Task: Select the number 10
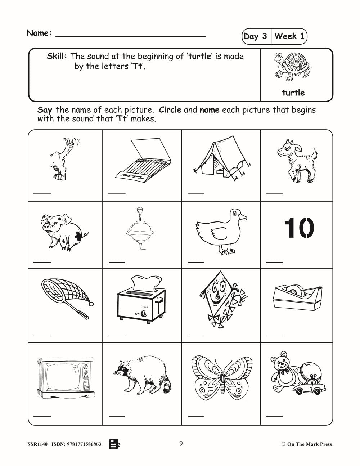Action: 299,228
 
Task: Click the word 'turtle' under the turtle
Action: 293,93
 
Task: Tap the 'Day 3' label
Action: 255,36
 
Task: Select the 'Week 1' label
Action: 289,36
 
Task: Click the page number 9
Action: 181,444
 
